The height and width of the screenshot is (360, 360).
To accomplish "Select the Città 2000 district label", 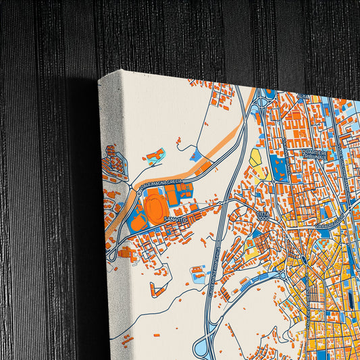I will [263, 215].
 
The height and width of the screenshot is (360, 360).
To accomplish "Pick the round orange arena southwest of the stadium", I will [138, 222].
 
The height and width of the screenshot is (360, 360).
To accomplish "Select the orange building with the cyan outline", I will [154, 157].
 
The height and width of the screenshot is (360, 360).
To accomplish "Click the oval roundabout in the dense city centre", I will [303, 259].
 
